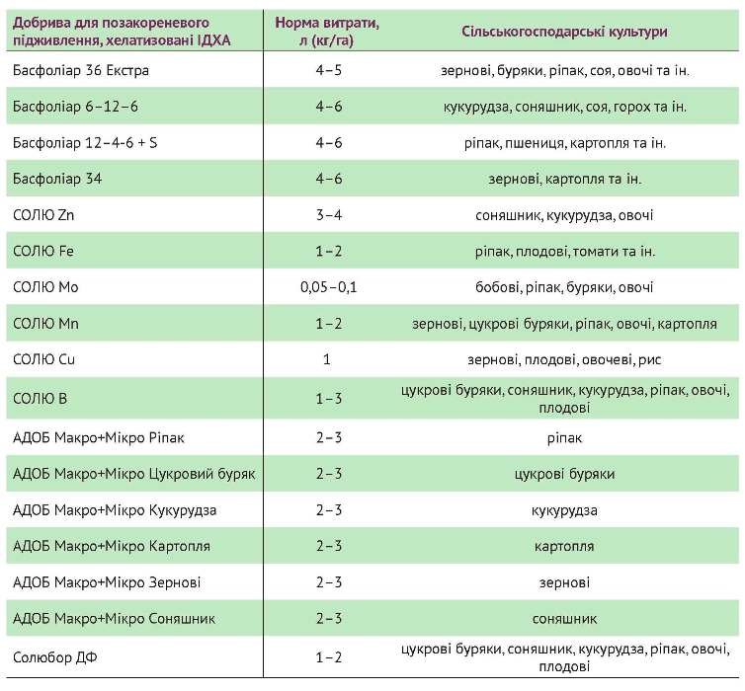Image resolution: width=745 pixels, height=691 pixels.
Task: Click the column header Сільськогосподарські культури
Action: tap(564, 32)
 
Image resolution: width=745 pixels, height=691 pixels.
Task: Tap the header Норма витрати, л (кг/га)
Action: tap(327, 32)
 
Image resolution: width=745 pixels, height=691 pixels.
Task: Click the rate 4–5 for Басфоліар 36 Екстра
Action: tap(327, 70)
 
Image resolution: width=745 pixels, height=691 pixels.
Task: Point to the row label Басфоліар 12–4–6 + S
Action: tap(86, 142)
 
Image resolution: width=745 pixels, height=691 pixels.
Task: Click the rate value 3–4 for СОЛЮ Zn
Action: tap(327, 214)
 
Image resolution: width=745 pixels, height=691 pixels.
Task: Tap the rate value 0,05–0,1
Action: tap(327, 287)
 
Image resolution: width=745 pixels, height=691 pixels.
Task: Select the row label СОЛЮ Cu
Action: tap(44, 359)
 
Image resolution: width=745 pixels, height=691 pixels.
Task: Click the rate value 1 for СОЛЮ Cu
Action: tap(327, 359)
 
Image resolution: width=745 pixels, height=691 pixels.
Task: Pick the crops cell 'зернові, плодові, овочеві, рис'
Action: tap(564, 359)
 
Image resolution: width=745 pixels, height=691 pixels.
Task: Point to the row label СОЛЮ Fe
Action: tap(43, 251)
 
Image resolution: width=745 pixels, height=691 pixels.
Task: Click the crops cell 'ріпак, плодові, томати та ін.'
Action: tap(564, 251)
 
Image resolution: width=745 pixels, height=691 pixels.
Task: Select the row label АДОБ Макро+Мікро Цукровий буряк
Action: tap(134, 474)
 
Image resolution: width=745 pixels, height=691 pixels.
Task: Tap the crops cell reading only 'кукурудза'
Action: tap(564, 510)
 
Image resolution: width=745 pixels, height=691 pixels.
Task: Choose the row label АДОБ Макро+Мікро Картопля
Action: tap(111, 546)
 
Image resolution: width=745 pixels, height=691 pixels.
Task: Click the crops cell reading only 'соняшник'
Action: tap(564, 619)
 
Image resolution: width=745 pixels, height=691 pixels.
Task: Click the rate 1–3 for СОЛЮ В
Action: tap(327, 399)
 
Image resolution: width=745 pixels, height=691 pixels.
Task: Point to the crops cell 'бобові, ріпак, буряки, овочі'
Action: tap(564, 287)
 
